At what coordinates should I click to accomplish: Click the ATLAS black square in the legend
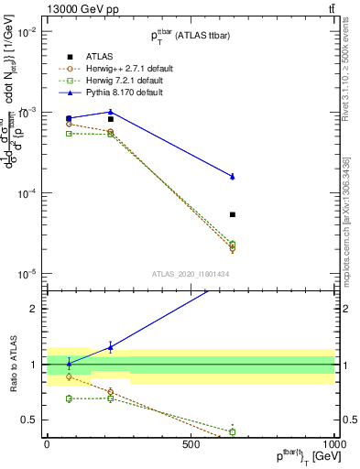69,56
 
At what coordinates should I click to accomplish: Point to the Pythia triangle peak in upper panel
110,112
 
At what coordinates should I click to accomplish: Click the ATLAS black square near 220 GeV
110,119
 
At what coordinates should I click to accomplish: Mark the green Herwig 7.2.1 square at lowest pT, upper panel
69,134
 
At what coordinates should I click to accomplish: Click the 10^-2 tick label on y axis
27,31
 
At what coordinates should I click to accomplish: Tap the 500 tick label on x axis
191,444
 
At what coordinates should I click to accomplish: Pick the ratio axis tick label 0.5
30,420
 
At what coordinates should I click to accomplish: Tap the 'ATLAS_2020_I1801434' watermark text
191,274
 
